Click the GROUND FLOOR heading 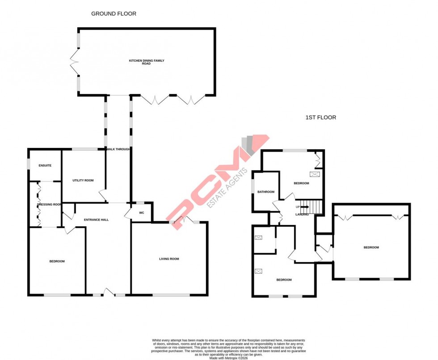[x=114, y=14]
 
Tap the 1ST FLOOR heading [x=320, y=118]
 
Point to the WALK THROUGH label [x=118, y=149]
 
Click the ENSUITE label [x=45, y=165]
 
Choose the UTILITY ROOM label [x=83, y=180]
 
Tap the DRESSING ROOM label [x=49, y=204]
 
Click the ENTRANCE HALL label [x=97, y=220]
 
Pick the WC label [x=142, y=212]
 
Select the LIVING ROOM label [x=169, y=258]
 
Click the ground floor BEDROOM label [x=57, y=261]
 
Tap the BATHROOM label [x=265, y=192]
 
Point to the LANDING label [x=303, y=215]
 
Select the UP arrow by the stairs [x=303, y=207]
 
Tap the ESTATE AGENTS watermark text [x=228, y=188]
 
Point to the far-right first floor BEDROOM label [x=371, y=247]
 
